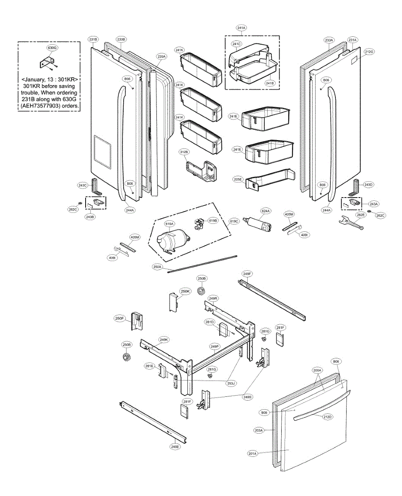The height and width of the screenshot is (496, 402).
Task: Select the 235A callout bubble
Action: [x=162, y=56]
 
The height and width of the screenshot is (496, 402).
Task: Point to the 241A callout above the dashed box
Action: [x=242, y=28]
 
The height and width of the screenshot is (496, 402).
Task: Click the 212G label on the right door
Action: [x=369, y=52]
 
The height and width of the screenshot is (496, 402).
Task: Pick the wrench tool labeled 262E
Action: [x=350, y=224]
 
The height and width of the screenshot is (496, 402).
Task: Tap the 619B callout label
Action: [x=213, y=221]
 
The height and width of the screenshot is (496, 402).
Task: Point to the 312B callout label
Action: [x=184, y=152]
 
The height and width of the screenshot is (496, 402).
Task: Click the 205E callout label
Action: [x=237, y=179]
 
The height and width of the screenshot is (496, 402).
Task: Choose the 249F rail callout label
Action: [x=247, y=274]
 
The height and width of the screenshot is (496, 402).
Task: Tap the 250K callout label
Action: [x=185, y=291]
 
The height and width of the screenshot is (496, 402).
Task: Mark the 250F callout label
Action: [x=120, y=318]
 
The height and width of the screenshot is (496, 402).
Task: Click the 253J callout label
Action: [x=231, y=383]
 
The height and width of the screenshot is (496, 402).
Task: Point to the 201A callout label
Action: [x=253, y=453]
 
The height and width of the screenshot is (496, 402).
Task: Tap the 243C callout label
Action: [x=82, y=186]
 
